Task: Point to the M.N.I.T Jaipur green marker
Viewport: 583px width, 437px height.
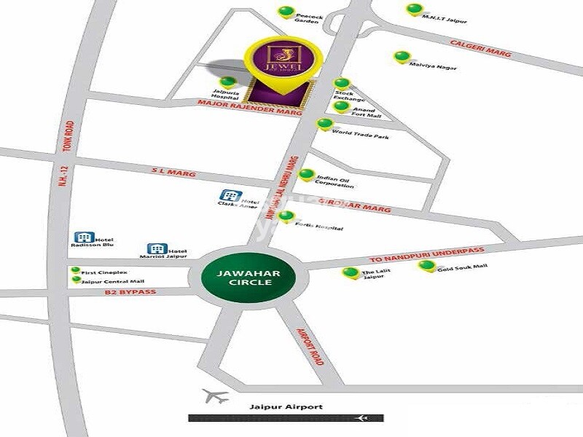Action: click(414, 9)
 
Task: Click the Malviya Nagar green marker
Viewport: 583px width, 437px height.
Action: click(400, 56)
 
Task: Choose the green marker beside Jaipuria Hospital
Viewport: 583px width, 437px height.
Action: click(229, 82)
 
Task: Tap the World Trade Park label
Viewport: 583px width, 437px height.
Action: click(360, 135)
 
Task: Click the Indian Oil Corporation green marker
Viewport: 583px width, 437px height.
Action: click(307, 176)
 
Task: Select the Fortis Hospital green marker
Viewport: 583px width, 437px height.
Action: click(287, 216)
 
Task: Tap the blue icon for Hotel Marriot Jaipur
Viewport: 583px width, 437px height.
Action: click(154, 249)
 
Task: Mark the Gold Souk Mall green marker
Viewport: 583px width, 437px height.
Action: click(426, 265)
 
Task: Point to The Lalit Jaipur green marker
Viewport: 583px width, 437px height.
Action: click(349, 273)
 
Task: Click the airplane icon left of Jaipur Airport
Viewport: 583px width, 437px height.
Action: click(214, 397)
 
